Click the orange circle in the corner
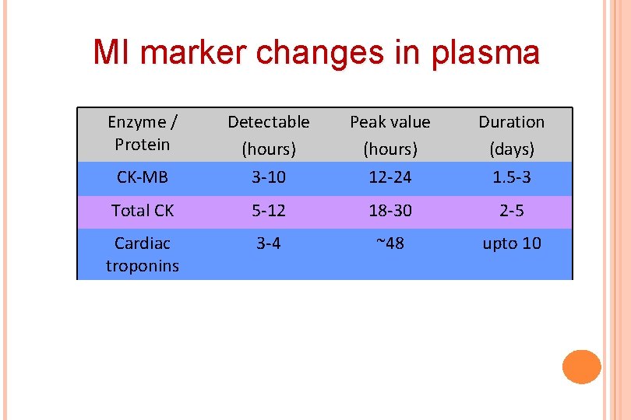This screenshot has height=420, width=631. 581,366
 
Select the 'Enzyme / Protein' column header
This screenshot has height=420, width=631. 142,133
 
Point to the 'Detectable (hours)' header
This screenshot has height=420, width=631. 269,134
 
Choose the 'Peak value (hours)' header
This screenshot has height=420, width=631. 390,134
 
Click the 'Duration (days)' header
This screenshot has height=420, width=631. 511,134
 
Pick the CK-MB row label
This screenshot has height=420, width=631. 142,177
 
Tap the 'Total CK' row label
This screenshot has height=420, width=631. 142,210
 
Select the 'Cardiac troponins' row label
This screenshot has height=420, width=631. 142,254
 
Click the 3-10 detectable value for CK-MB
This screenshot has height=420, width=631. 269,177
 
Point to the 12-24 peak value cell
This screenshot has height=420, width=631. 390,177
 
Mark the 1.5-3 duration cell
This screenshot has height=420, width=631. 511,177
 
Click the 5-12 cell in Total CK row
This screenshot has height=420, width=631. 269,210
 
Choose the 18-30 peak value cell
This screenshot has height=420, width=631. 390,210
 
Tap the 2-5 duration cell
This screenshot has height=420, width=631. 511,210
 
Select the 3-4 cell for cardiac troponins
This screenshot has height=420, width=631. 269,243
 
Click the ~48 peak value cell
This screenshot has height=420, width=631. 390,243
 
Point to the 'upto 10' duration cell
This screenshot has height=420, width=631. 511,243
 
